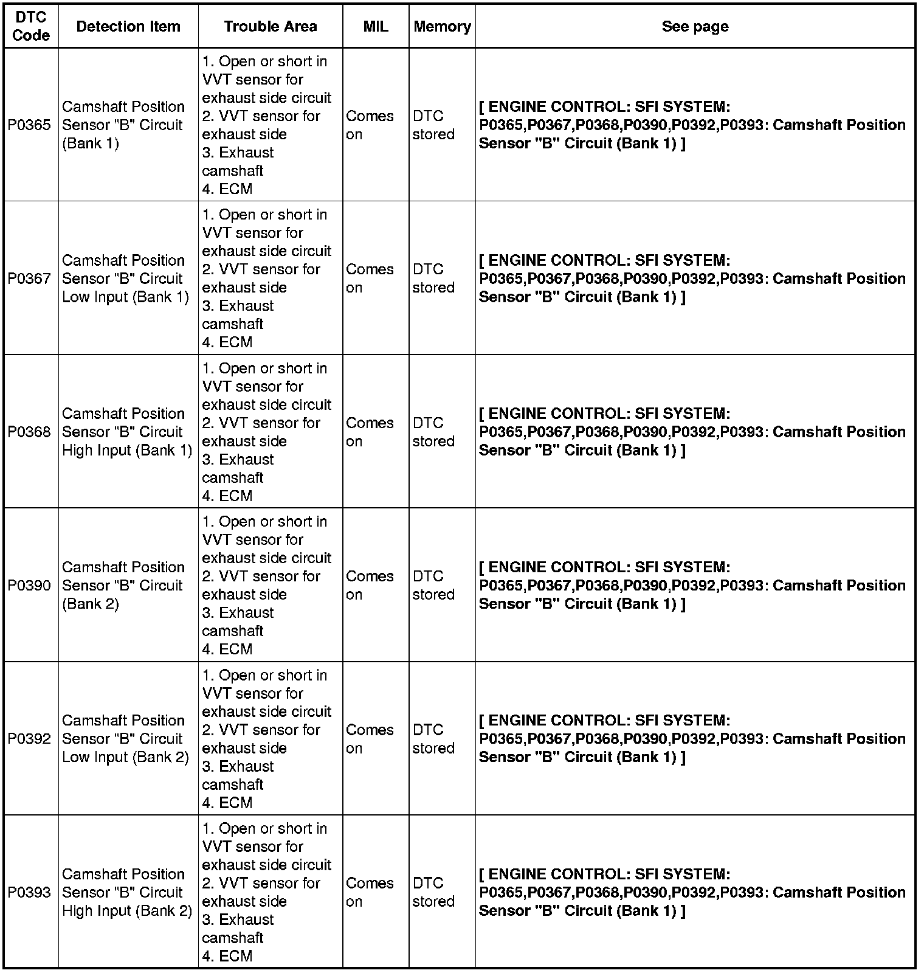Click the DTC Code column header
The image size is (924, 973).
coord(30,27)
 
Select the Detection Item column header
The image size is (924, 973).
coord(128,27)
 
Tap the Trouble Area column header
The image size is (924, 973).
coord(270,27)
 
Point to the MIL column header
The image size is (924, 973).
coord(376,27)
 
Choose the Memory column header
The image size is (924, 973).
coord(442,27)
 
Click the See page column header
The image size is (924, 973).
coord(695,27)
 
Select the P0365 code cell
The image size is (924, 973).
coord(29,125)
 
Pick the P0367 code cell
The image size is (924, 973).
coord(29,279)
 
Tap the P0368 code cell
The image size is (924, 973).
coord(29,432)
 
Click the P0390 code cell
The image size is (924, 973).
coord(29,586)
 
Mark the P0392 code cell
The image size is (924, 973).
coord(29,739)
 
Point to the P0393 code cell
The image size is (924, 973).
coord(29,893)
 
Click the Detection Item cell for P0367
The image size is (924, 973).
coord(125,279)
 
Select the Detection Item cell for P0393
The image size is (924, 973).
coord(126,892)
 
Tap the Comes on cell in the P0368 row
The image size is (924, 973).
coord(370,432)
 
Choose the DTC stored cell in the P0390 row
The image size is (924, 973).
coord(433,585)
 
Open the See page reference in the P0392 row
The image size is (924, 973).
coord(692,738)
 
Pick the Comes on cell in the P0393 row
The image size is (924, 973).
coord(370,892)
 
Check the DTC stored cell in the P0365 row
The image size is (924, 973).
coord(433,125)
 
